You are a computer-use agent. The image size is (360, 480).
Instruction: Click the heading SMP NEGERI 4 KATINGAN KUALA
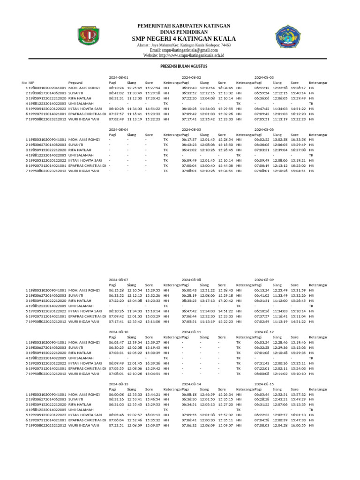(x=184, y=38)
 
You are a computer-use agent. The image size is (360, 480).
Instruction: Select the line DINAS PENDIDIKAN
(x=184, y=31)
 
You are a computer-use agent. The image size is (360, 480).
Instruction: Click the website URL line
(x=184, y=55)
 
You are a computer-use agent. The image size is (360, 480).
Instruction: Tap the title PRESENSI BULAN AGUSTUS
(x=184, y=67)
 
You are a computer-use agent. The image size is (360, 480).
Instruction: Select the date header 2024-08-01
(x=118, y=77)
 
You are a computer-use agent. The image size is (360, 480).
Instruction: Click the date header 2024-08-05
(x=191, y=129)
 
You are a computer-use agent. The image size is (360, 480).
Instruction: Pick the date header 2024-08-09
(x=264, y=279)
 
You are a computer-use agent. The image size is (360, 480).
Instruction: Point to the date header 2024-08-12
(x=264, y=331)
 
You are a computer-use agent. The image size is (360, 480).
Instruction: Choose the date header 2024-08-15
(x=264, y=383)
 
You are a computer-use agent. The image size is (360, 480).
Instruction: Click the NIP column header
(x=32, y=82)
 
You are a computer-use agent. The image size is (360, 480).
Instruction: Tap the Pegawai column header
(x=75, y=82)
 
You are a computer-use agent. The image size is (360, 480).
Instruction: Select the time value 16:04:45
(x=225, y=88)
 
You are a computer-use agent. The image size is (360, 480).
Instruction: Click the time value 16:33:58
(x=298, y=140)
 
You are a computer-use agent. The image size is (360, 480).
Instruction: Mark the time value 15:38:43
(x=225, y=290)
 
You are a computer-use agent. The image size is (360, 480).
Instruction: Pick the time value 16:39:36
(x=153, y=363)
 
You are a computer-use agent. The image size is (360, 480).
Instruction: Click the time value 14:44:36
(x=225, y=165)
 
